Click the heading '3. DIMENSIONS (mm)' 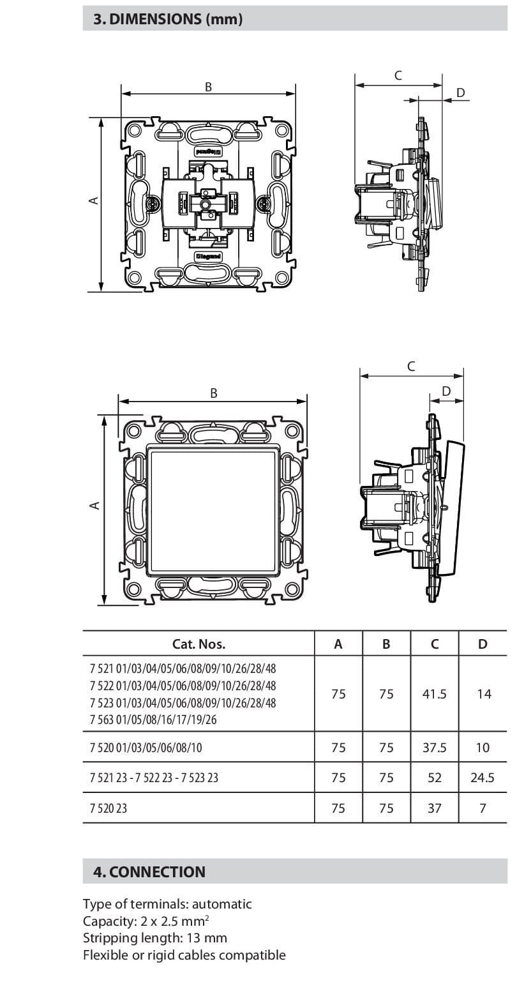click(168, 19)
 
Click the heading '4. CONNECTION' click(149, 871)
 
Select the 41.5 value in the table click(434, 693)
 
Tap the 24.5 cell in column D click(482, 778)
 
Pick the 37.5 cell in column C click(434, 747)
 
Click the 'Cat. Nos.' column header click(198, 644)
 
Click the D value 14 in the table click(483, 693)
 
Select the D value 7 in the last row click(483, 808)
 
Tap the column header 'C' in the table click(434, 644)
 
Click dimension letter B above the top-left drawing click(208, 87)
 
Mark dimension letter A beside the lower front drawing click(94, 506)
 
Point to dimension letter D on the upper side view click(461, 93)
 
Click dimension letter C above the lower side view click(411, 366)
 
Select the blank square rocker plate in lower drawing click(212, 508)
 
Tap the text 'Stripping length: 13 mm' click(155, 938)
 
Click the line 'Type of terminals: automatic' click(167, 904)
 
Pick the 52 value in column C click(434, 778)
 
